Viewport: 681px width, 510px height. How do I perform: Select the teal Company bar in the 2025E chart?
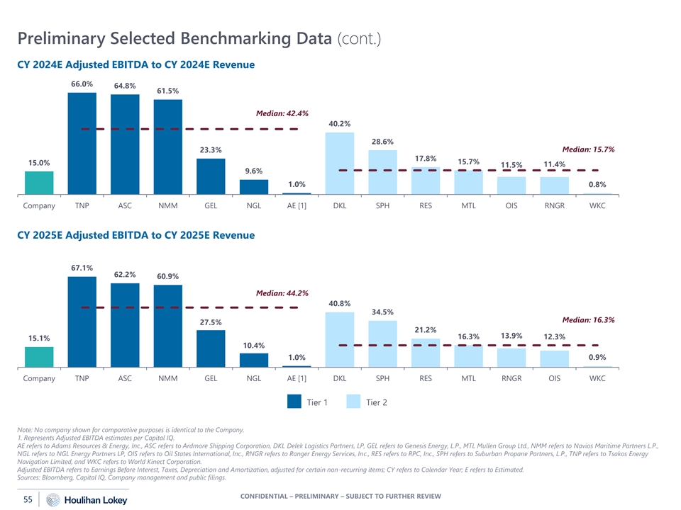pyautogui.click(x=39, y=356)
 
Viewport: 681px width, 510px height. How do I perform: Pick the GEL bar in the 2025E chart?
pyautogui.click(x=211, y=348)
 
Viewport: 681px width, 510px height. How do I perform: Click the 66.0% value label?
pyautogui.click(x=82, y=84)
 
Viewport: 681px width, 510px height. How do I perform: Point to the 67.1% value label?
pyautogui.click(x=82, y=268)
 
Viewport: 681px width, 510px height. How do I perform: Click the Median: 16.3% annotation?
pyautogui.click(x=588, y=320)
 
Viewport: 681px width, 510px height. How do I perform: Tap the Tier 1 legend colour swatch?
pyautogui.click(x=294, y=402)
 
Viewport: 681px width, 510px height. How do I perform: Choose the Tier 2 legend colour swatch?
pyautogui.click(x=354, y=402)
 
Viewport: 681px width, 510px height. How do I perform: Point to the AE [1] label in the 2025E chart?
pyautogui.click(x=297, y=378)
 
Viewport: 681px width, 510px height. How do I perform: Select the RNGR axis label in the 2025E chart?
pyautogui.click(x=511, y=378)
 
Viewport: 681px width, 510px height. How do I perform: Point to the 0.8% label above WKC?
pyautogui.click(x=597, y=185)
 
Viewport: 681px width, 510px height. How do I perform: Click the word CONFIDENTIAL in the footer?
pyautogui.click(x=271, y=496)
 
